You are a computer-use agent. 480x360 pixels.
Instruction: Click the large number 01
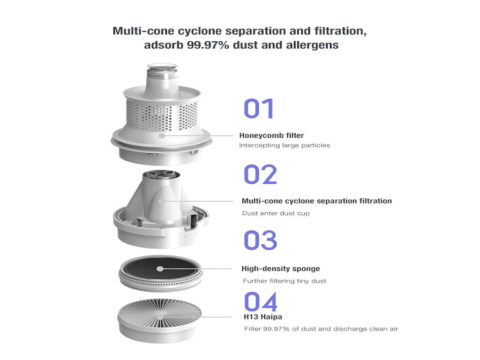[x=259, y=108]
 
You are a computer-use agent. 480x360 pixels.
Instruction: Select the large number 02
[x=260, y=174]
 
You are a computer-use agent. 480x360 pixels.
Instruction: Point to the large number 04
[x=261, y=302]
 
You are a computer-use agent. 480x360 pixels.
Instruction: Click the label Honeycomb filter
[x=271, y=135]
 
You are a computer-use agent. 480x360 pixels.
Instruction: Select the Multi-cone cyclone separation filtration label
[x=316, y=201]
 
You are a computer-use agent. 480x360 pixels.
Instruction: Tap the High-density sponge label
[x=280, y=269]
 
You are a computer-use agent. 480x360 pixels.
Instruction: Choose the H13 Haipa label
[x=263, y=317]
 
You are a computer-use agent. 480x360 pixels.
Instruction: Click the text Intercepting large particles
[x=285, y=145]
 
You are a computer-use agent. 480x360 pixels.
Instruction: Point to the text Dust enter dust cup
[x=276, y=213]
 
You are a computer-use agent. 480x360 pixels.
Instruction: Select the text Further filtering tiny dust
[x=285, y=281]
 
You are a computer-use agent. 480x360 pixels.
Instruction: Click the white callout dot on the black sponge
[x=160, y=269]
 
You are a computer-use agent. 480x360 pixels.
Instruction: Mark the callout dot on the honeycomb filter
[x=162, y=135]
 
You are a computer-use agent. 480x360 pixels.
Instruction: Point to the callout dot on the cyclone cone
[x=162, y=201]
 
